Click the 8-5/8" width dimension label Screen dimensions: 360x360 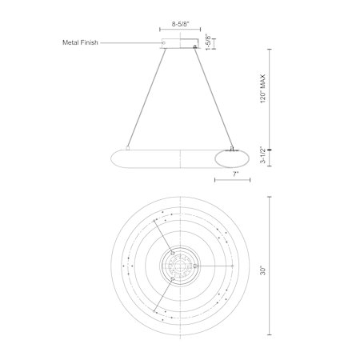click(x=180, y=24)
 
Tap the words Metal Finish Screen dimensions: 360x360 click(x=80, y=42)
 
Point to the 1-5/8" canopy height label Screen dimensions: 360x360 click(x=209, y=42)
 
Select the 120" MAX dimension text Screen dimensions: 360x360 click(x=263, y=89)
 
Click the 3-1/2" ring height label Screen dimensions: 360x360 click(x=263, y=155)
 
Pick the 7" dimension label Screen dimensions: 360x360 click(x=235, y=174)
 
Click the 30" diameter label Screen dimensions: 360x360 click(x=263, y=270)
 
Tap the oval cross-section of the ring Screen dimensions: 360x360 click(x=232, y=159)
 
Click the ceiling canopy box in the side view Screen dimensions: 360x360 click(x=180, y=44)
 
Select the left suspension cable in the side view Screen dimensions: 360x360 click(x=146, y=98)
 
